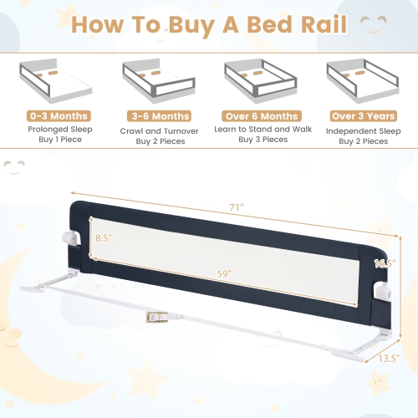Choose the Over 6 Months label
coord(261,115)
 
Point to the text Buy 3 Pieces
coord(261,141)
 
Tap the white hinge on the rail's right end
coord(382,292)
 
